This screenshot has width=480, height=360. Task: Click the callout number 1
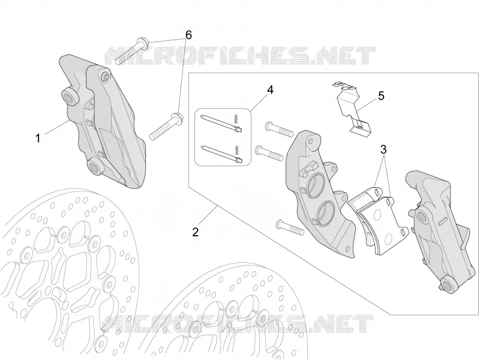[x=38, y=139]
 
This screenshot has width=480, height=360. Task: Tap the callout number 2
[x=196, y=232]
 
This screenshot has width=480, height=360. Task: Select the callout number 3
[x=383, y=149]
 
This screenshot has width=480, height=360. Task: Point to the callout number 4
[x=270, y=89]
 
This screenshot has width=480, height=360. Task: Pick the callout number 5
[x=381, y=96]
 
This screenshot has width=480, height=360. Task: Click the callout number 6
[x=188, y=35]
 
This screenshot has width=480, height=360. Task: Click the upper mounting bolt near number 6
[x=131, y=51]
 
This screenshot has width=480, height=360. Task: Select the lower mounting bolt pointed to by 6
[x=166, y=127]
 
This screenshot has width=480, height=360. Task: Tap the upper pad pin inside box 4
[x=221, y=123]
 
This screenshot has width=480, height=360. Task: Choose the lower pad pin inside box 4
[x=221, y=154]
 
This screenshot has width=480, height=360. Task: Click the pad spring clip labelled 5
[x=352, y=109]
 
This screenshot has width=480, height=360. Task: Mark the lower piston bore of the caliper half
[x=326, y=214]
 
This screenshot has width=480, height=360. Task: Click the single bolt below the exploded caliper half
[x=290, y=228]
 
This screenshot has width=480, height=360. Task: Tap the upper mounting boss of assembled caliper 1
[x=70, y=97]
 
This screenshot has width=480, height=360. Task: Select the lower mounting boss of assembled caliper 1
[x=96, y=167]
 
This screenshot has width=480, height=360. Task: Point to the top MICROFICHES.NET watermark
[x=240, y=56]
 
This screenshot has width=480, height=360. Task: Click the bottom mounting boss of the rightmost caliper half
[x=449, y=285]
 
